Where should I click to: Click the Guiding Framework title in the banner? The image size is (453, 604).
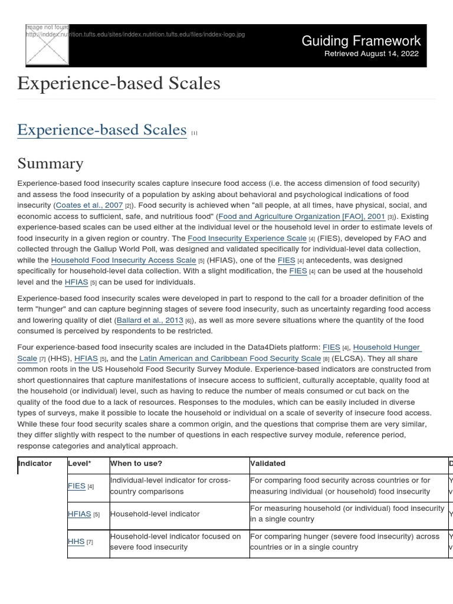click(x=361, y=41)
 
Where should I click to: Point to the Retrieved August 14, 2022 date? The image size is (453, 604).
click(x=372, y=54)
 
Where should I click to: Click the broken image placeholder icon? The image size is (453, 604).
click(x=47, y=44)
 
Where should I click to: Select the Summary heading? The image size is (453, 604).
click(x=50, y=163)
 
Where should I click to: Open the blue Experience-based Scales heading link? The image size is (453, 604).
click(x=101, y=130)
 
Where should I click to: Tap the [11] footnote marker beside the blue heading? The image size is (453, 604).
click(x=194, y=133)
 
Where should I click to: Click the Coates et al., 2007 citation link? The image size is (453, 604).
click(x=89, y=205)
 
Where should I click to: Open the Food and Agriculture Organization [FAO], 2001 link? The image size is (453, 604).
click(x=301, y=216)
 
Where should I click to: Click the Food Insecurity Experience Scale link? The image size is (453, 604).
click(x=247, y=238)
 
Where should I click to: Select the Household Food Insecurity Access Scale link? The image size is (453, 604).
click(x=123, y=260)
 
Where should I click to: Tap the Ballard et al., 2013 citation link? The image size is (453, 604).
click(x=150, y=320)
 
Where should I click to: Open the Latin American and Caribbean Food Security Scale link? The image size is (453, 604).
click(x=230, y=358)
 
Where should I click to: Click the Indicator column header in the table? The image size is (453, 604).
click(x=35, y=464)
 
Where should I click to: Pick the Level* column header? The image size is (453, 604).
click(x=80, y=464)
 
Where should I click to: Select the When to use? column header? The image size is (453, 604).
click(x=136, y=464)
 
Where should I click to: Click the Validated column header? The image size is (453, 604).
click(x=268, y=464)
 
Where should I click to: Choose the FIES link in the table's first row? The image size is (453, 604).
click(x=77, y=486)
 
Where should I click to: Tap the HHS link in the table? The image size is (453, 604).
click(x=76, y=541)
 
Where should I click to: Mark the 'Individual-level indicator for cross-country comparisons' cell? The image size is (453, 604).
click(x=170, y=486)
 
